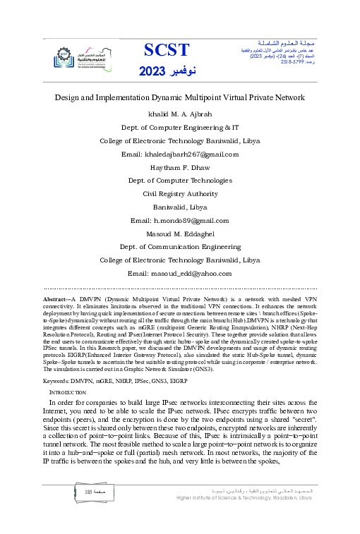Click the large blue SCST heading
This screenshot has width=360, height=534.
pos(167,49)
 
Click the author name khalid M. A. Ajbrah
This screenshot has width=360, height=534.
pos(180,114)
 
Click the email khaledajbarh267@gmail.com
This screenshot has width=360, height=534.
pos(180,154)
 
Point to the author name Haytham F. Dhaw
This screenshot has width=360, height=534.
pos(180,167)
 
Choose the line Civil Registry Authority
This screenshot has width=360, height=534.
pos(180,193)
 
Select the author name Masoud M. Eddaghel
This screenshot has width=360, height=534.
pos(180,233)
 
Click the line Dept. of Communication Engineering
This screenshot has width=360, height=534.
pos(180,247)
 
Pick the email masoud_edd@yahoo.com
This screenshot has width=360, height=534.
pos(180,273)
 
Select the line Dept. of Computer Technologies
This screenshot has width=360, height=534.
pos(180,181)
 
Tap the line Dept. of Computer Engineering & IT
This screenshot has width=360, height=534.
pos(180,127)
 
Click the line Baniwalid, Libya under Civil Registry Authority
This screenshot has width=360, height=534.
pos(180,207)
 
